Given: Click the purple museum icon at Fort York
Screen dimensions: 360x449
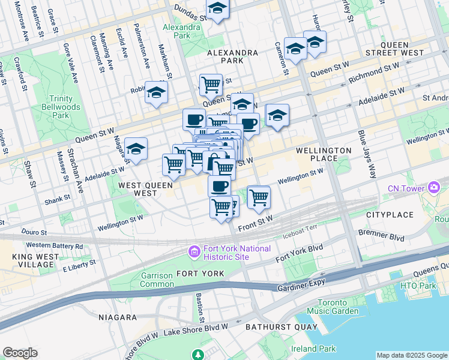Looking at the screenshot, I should (194, 250).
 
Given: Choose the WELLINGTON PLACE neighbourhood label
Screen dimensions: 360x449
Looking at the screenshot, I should (323, 154).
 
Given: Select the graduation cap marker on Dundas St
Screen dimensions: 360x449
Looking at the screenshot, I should (217, 9).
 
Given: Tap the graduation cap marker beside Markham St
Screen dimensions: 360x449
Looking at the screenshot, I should (156, 94).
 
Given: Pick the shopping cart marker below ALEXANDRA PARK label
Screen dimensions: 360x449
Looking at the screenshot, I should (210, 85).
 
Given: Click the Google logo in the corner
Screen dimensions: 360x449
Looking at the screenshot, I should (20, 353).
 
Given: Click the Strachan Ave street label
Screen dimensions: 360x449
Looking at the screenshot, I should (74, 170).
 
